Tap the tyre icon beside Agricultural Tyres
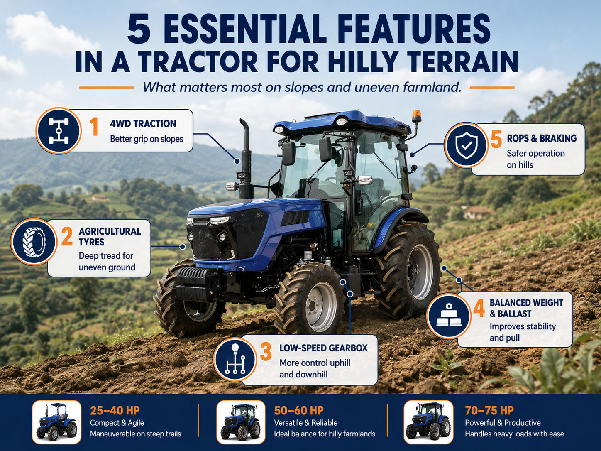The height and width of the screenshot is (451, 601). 34,242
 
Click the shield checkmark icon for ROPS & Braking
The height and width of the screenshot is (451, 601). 466,145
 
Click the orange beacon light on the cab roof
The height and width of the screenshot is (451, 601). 416,116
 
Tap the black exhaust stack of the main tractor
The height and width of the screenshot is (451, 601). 246,159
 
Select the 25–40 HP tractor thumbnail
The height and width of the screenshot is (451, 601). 57,422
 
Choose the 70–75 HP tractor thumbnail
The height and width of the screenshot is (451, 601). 428,422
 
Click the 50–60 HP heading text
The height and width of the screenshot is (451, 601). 299,410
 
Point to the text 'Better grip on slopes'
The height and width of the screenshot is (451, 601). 147,139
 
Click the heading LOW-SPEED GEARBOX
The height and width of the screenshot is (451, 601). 323,348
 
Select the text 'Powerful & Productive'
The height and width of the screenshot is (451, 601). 503,422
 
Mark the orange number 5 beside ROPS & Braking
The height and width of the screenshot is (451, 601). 496,139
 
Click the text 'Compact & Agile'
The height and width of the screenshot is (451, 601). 117,423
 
